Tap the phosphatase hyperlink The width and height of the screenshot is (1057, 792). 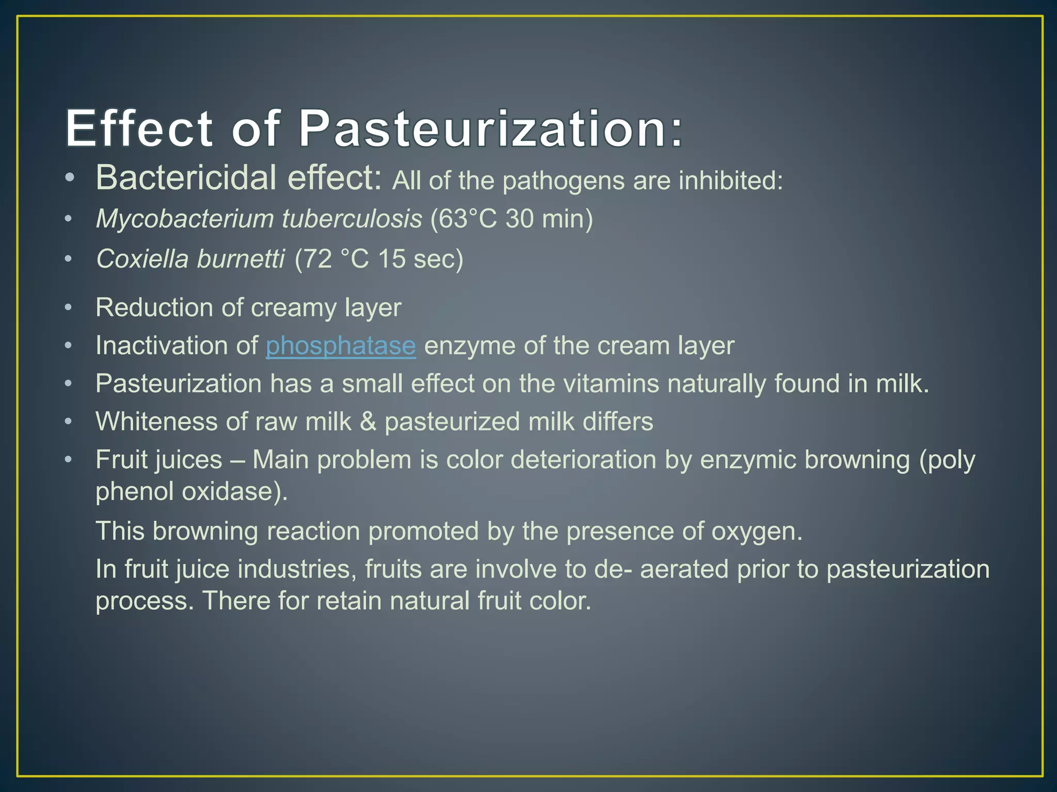[x=341, y=345]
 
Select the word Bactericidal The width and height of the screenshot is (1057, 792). [x=186, y=178]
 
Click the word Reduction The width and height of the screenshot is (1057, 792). [x=154, y=308]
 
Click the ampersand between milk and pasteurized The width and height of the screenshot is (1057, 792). [x=368, y=422]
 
